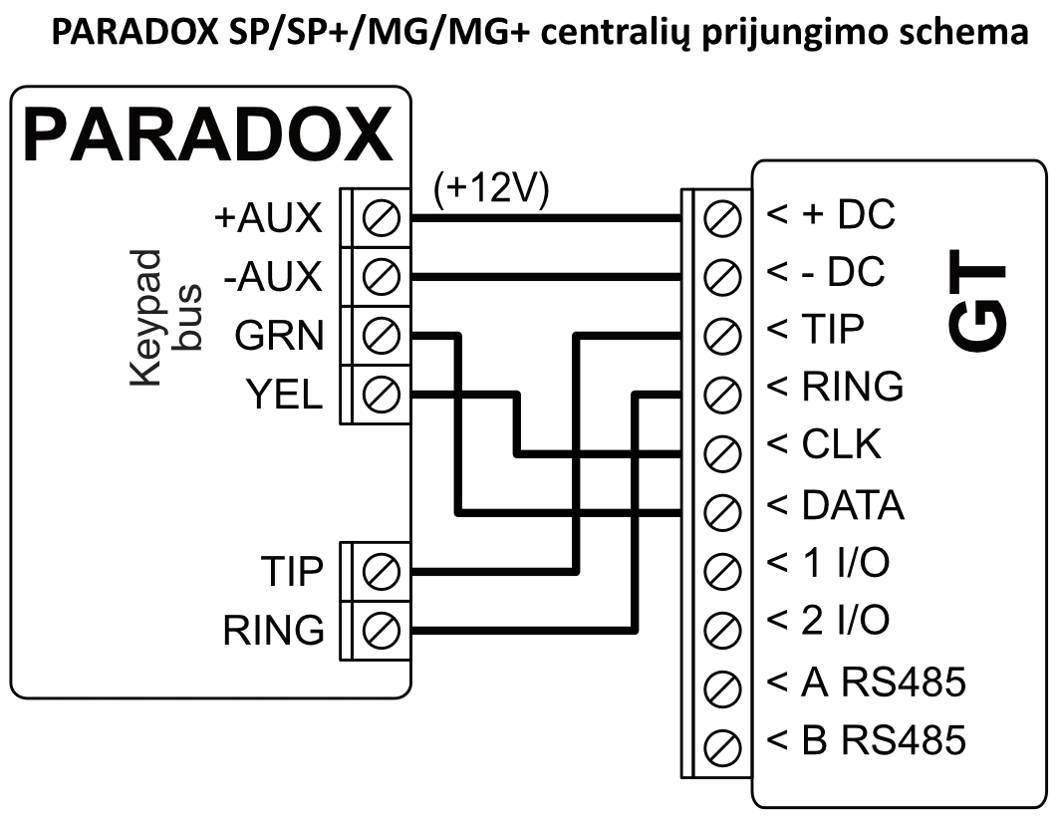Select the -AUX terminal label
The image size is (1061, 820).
pyautogui.click(x=273, y=277)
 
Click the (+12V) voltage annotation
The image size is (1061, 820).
pyautogui.click(x=492, y=189)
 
